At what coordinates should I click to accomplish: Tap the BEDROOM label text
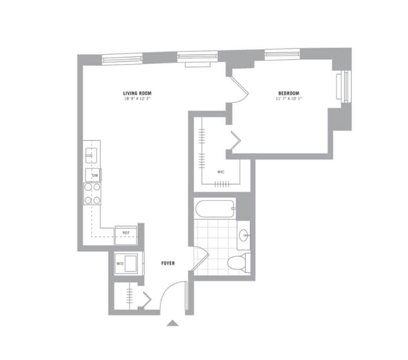[289, 93]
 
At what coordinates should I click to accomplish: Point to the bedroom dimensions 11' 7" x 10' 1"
[289, 99]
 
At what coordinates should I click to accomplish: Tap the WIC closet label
[221, 171]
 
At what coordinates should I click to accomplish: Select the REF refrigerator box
[126, 234]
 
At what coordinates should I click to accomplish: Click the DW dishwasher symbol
[95, 175]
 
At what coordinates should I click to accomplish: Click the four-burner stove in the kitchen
[93, 194]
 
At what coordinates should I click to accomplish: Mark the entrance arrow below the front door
[173, 324]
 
